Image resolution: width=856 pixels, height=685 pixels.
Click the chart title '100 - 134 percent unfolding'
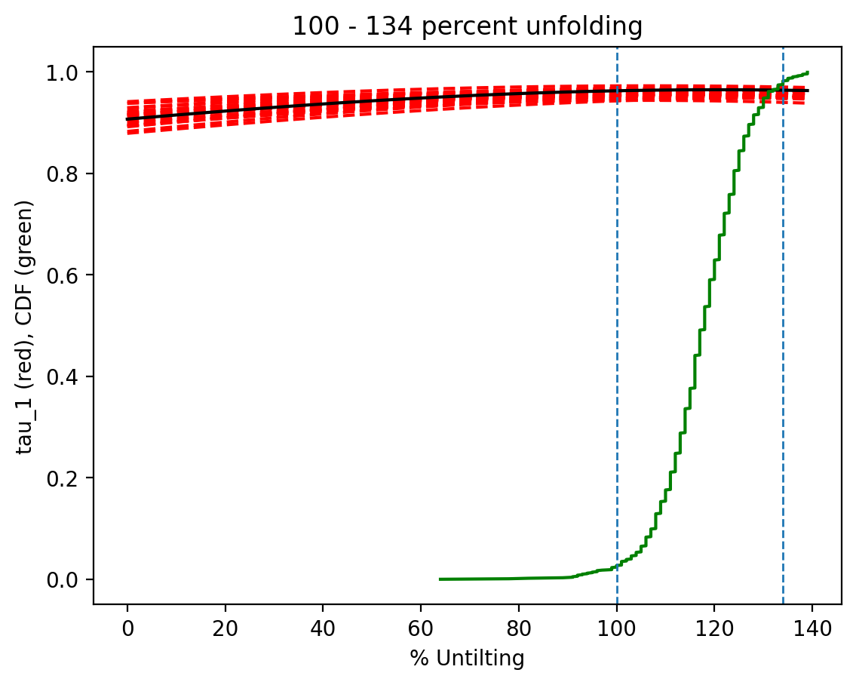pos(468,27)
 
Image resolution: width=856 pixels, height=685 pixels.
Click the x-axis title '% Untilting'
pos(468,659)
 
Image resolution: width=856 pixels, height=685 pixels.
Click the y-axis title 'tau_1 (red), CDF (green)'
pos(26,327)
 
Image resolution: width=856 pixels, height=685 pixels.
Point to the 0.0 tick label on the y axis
pos(69,579)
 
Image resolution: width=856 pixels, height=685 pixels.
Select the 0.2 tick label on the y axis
pos(69,478)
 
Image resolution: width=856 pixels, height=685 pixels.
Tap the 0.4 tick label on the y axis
pos(69,376)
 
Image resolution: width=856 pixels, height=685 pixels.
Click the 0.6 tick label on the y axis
pos(69,275)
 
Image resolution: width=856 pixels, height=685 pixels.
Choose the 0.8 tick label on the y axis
pos(69,174)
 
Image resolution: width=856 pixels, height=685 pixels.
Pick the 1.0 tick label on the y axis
pos(69,72)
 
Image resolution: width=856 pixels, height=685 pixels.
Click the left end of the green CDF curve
pos(440,579)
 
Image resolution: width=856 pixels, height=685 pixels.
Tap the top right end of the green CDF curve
pos(807,73)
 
